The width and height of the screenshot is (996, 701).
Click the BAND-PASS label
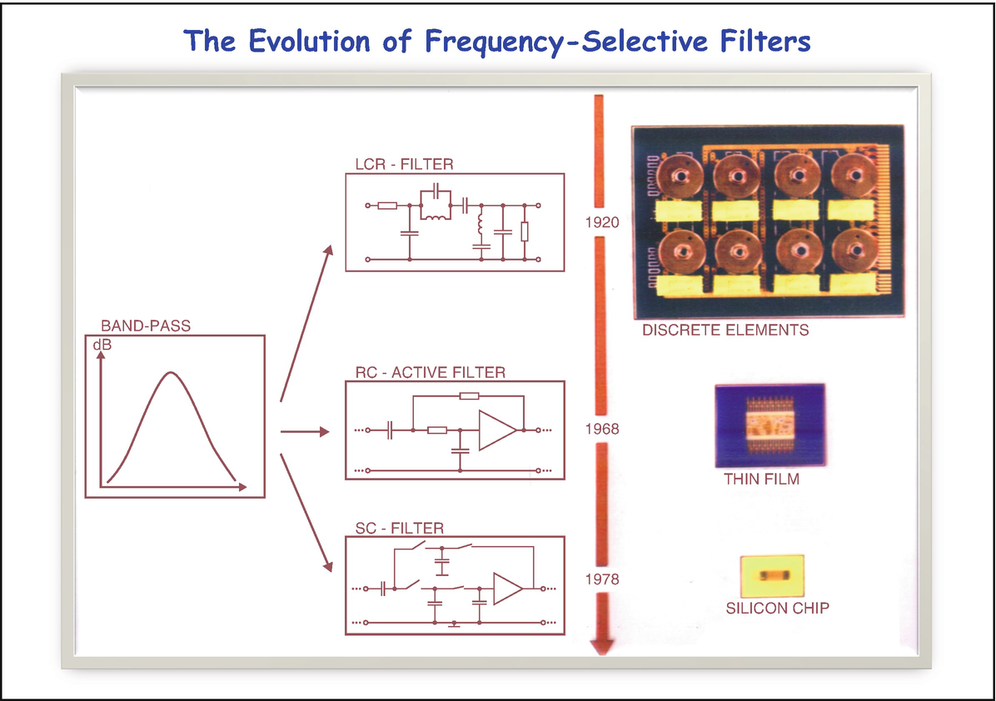[x=146, y=326]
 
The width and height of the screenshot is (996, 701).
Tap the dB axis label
[x=101, y=344]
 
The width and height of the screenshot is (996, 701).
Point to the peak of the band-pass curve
[x=170, y=373]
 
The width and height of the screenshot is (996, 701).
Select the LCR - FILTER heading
[x=404, y=164]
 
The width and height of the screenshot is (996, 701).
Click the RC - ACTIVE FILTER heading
[x=430, y=372]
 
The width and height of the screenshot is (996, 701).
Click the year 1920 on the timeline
[x=601, y=222]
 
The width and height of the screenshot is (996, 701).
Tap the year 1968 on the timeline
[x=601, y=429]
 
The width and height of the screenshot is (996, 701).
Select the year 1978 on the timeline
[x=601, y=579]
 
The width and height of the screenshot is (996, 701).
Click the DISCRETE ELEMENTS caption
[x=725, y=331]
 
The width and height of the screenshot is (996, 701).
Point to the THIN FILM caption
[x=761, y=480]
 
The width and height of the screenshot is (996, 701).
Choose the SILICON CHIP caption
[x=777, y=608]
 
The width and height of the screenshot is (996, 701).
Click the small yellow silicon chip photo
[x=771, y=575]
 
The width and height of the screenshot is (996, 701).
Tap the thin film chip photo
[x=769, y=425]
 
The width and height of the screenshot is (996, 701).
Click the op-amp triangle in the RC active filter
[x=496, y=430]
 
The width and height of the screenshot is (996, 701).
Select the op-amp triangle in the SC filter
[x=506, y=589]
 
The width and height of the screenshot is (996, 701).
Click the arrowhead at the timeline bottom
[x=600, y=646]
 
